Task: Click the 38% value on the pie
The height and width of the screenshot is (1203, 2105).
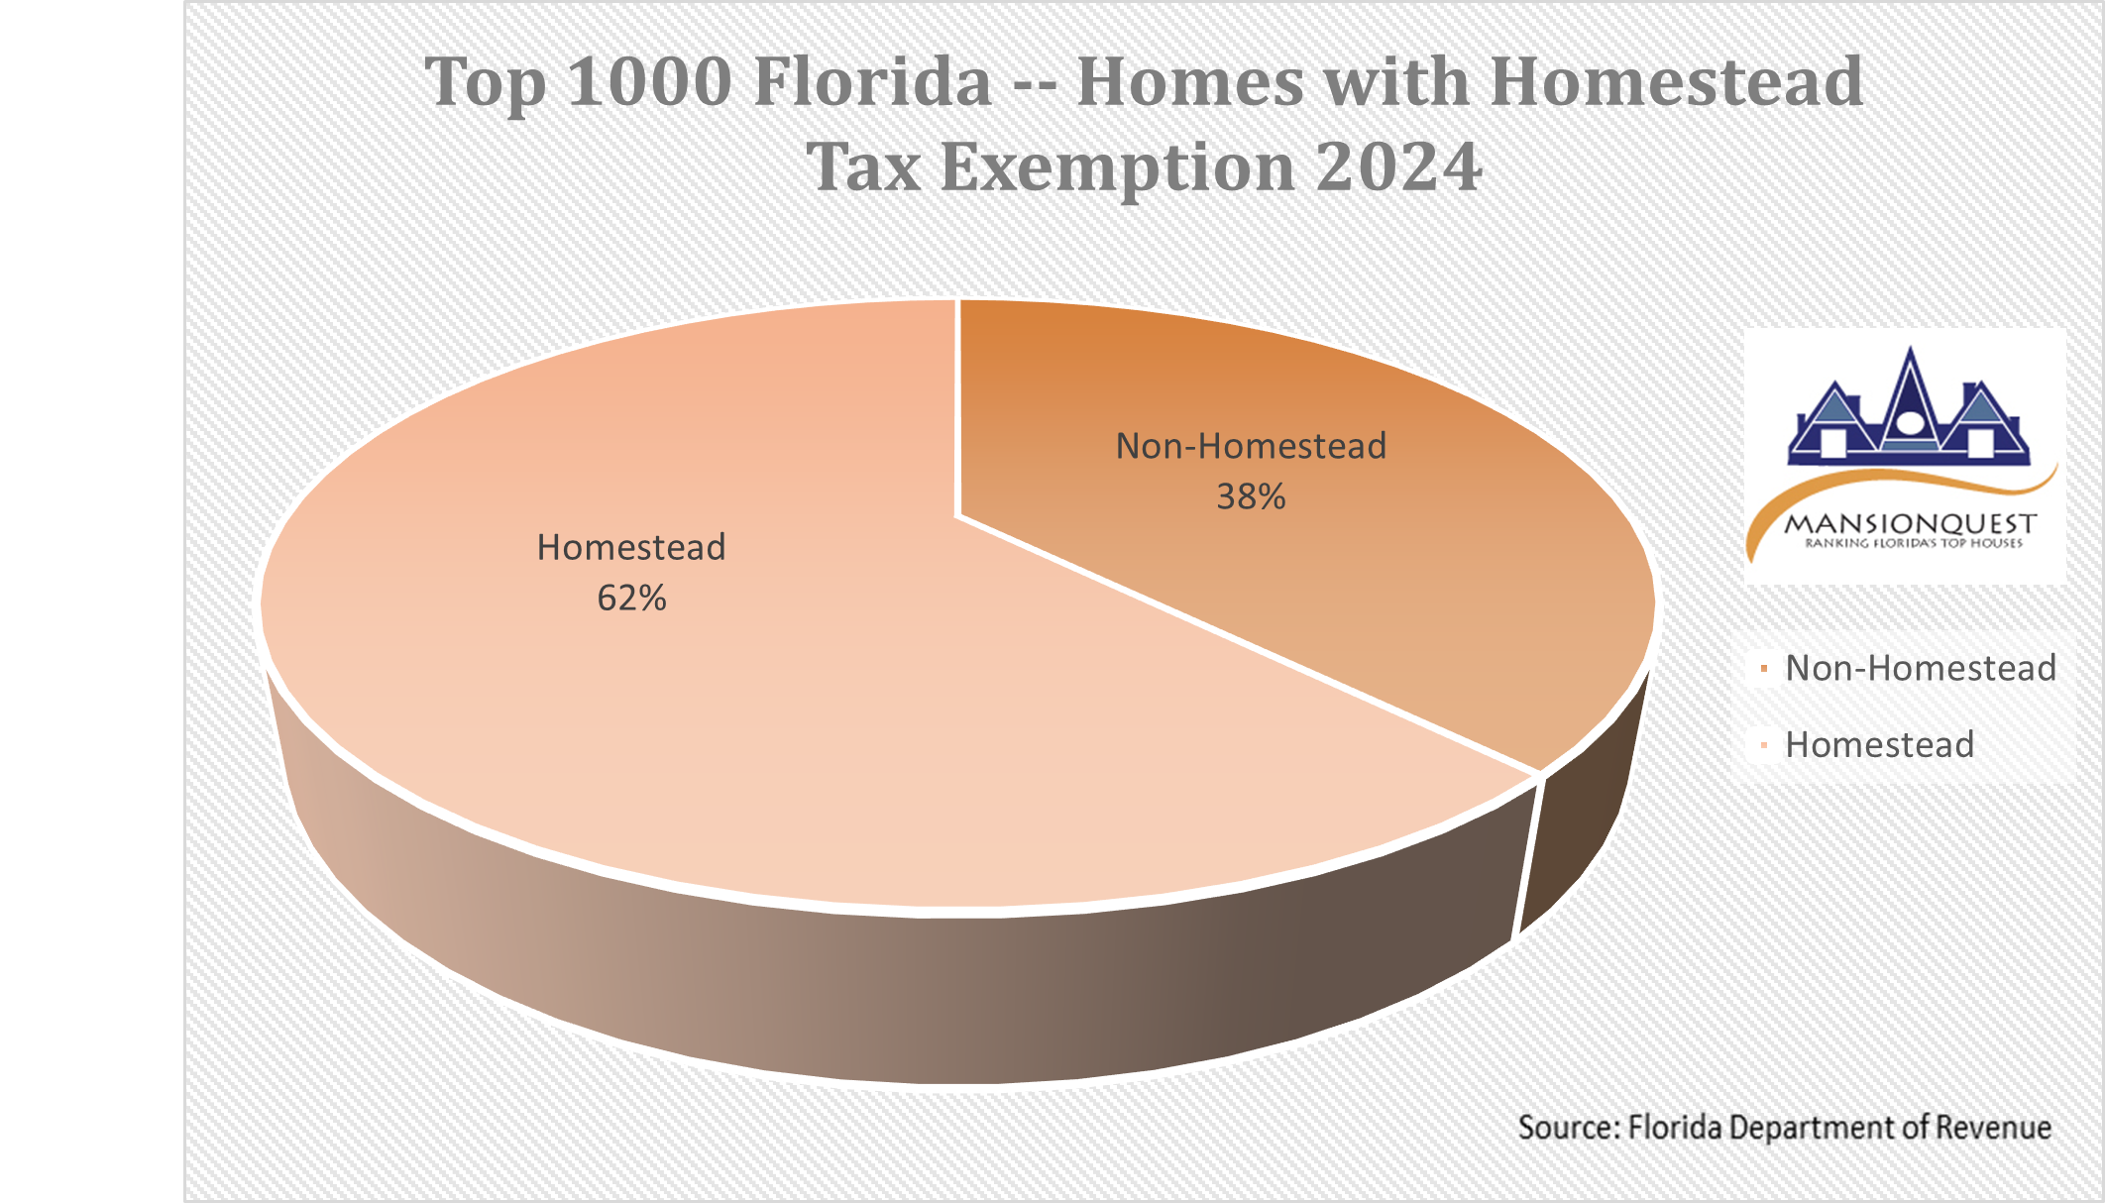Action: [1251, 496]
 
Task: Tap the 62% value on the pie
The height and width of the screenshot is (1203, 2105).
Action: [631, 598]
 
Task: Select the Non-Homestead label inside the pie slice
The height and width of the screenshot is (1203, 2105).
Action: [1251, 446]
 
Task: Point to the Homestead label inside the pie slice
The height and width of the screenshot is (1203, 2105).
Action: [631, 547]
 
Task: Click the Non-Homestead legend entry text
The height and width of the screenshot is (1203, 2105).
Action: [1921, 668]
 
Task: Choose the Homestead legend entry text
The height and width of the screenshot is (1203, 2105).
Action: [1880, 744]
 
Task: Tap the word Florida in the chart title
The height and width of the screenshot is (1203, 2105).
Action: [872, 81]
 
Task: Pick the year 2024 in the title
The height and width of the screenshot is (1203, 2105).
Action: [1399, 165]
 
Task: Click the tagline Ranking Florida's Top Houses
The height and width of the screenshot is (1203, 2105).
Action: [1913, 543]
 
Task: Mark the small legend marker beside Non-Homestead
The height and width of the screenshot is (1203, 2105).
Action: [1764, 669]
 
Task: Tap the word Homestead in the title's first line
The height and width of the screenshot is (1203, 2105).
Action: [1677, 81]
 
